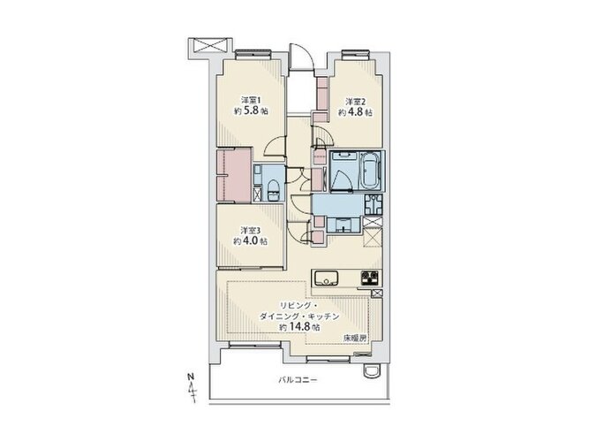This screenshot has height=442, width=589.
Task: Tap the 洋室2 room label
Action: pyautogui.click(x=355, y=102)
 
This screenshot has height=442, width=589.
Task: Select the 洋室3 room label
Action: pyautogui.click(x=250, y=230)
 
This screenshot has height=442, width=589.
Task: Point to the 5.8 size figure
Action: pyautogui.click(x=252, y=111)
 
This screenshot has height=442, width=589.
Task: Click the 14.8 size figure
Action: pyautogui.click(x=300, y=326)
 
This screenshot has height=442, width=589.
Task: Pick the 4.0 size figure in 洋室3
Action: pyautogui.click(x=250, y=240)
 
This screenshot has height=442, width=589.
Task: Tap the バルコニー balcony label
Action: pyautogui.click(x=298, y=380)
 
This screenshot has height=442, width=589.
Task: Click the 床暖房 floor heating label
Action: pyautogui.click(x=354, y=339)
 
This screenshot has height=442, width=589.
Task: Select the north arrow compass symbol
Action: pyautogui.click(x=192, y=387)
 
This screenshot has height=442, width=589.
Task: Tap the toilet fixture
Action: pyautogui.click(x=272, y=191)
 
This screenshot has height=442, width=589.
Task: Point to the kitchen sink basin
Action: pyautogui.click(x=327, y=278)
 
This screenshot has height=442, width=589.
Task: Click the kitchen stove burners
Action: pyautogui.click(x=369, y=278)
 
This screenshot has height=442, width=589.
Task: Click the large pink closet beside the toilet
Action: pyautogui.click(x=234, y=175)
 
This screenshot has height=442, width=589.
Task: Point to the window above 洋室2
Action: pyautogui.click(x=355, y=55)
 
